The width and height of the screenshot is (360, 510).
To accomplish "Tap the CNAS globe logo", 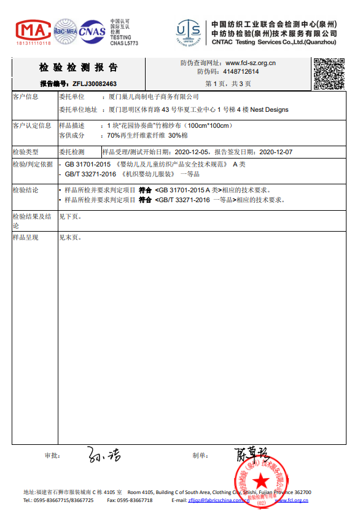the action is coord(92,30).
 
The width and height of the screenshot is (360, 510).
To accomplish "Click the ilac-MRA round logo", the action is coord(65,30).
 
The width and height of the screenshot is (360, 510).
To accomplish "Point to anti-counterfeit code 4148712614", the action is coord(241,72).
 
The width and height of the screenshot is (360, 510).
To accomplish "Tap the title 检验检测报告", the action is coord(79,68).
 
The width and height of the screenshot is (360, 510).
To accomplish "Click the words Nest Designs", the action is coord(269,110).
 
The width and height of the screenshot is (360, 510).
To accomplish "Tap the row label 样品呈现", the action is coord(26,237).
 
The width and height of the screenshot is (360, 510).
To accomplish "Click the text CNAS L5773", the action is coord(124,44).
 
